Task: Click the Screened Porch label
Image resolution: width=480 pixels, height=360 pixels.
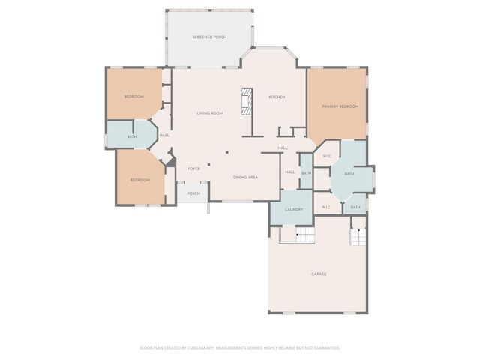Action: point(209,37)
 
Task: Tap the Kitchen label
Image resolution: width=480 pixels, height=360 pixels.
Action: point(277,97)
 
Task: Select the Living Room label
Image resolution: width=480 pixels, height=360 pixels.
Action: point(210,113)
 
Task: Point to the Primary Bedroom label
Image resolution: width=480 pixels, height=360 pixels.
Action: point(340,106)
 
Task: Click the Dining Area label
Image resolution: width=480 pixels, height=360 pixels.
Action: point(245,177)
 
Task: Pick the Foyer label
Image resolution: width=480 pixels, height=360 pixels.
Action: point(193,169)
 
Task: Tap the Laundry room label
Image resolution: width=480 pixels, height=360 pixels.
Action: point(293,209)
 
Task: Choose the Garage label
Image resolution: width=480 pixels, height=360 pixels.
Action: point(319,274)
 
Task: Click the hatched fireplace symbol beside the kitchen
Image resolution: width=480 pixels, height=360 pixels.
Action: point(246,101)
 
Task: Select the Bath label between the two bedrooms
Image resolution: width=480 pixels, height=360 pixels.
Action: point(131,136)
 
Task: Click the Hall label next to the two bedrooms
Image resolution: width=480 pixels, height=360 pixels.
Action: point(163,135)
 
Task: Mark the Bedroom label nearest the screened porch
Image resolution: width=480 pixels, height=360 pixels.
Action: point(133,96)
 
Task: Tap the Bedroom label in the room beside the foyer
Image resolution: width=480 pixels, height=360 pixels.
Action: point(139,180)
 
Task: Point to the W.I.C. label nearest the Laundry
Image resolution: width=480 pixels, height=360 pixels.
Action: point(327,207)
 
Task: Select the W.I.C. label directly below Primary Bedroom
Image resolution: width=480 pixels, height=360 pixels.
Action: point(327,156)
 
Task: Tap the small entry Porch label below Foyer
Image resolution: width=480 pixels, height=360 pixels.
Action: point(193,193)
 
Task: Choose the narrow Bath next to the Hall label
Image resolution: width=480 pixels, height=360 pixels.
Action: point(306,173)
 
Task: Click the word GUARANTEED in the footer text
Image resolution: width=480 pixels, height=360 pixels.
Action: point(325,347)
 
